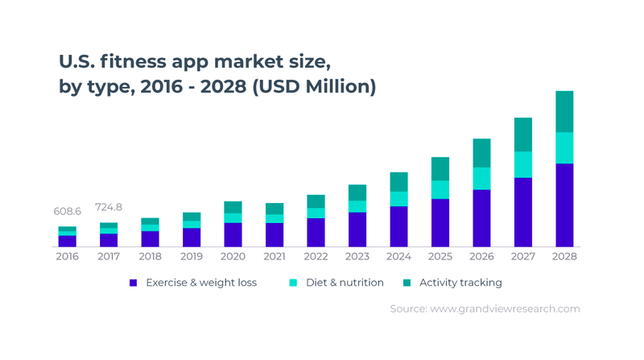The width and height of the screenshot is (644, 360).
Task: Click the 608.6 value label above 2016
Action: pos(68,211)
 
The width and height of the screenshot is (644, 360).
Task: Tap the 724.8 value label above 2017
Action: pos(109,207)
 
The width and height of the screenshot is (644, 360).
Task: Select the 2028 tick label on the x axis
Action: pos(564,256)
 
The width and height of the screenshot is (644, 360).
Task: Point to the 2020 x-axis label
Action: pos(233,256)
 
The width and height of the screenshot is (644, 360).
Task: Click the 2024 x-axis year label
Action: pos(398,256)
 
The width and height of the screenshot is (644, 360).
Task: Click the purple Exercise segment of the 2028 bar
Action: pos(564,205)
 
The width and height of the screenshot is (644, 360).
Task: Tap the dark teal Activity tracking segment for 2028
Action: pos(564,111)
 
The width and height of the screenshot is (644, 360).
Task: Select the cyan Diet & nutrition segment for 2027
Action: pos(523,164)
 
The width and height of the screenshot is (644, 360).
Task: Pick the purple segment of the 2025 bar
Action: pos(440,222)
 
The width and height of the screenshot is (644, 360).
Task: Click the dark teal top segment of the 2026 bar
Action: pos(481,153)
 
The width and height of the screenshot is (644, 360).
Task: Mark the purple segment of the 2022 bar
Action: pos(316,232)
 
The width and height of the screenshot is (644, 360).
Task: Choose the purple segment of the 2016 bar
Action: pos(68,241)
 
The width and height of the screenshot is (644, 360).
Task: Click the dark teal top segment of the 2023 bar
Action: pos(357,192)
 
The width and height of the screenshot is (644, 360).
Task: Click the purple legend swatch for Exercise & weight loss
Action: pos(134,283)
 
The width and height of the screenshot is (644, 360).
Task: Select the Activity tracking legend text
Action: pos(460,283)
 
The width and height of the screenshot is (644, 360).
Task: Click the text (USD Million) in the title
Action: pos(315,86)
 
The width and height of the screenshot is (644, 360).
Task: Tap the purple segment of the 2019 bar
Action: pos(192,237)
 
